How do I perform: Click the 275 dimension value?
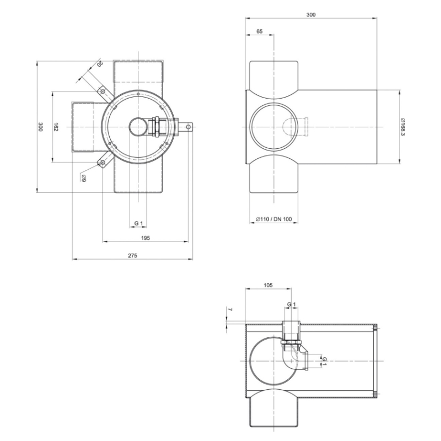132,256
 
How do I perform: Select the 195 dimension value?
145,238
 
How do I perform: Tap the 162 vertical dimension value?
56,127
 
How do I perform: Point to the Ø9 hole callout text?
83,178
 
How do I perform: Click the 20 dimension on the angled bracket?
100,63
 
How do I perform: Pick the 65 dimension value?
260,31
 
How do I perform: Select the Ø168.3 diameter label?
404,127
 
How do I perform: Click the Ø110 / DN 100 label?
273,219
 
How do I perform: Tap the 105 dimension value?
268,285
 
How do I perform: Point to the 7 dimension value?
230,309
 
